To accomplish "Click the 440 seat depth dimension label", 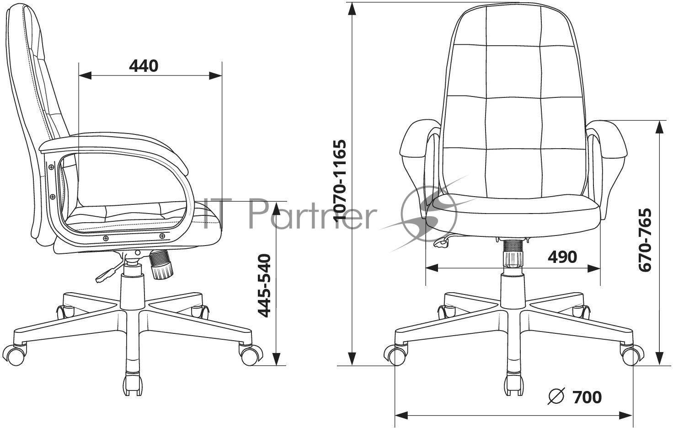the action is pyautogui.click(x=143, y=66).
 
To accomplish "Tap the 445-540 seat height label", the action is pyautogui.click(x=265, y=285).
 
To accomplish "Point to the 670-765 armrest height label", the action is pyautogui.click(x=645, y=240).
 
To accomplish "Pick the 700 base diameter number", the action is pyautogui.click(x=587, y=397).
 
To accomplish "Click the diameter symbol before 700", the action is pyautogui.click(x=556, y=396).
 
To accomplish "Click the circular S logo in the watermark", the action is pyautogui.click(x=429, y=214).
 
